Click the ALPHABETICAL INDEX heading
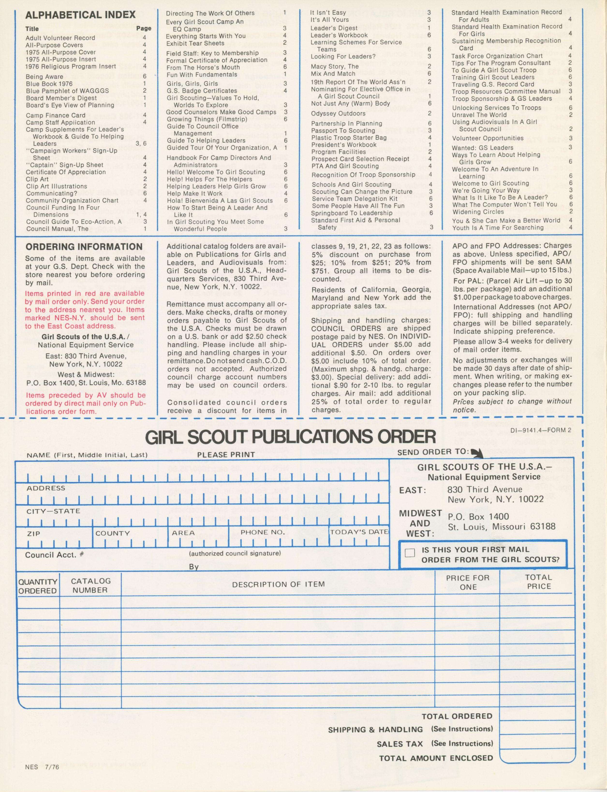point(81,15)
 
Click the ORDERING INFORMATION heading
point(84,247)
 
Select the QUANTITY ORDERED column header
point(37,586)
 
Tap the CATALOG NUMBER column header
point(90,586)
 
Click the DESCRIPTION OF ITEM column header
point(278,584)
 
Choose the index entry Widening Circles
point(478,212)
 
